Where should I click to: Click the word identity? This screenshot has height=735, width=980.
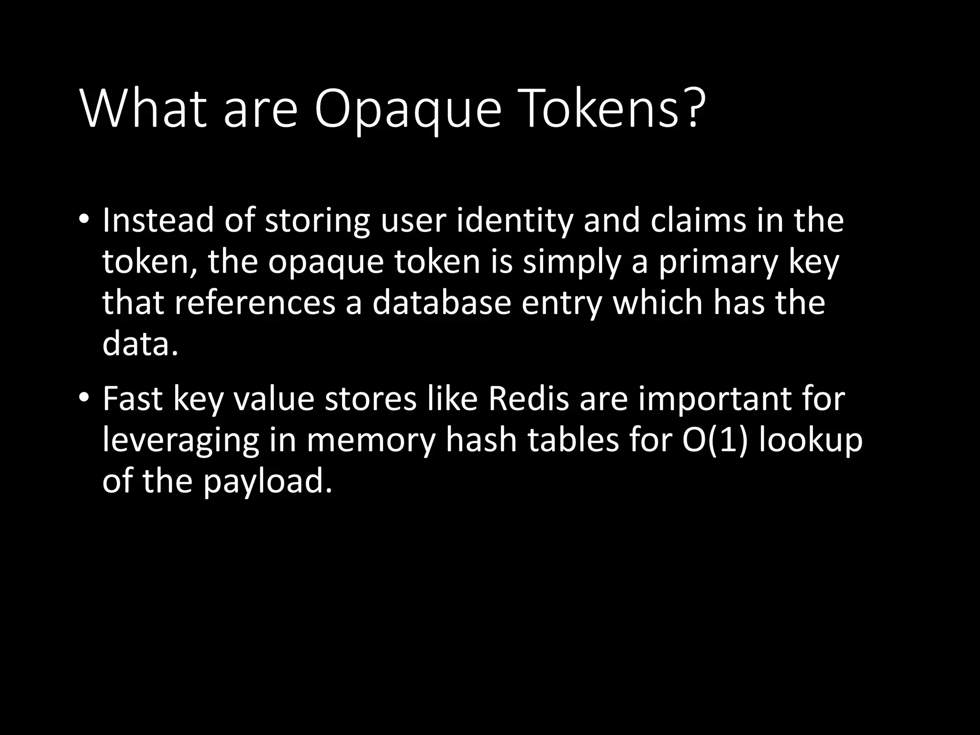514,222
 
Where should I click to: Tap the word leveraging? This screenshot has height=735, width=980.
180,441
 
